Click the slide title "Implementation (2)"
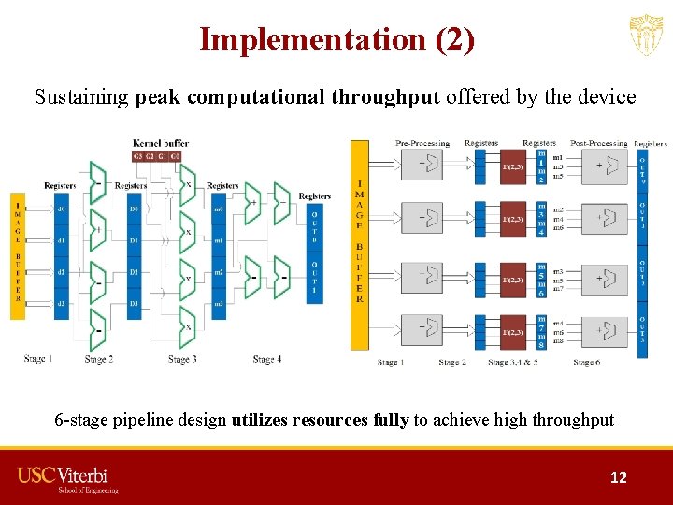[x=336, y=39]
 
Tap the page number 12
[x=618, y=477]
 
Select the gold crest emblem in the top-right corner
[x=645, y=36]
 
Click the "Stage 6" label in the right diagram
[x=587, y=362]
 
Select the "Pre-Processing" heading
[x=422, y=143]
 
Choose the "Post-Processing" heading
[x=598, y=143]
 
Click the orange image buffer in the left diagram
[x=17, y=257]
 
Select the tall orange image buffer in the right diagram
[x=360, y=245]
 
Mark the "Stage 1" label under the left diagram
[x=39, y=359]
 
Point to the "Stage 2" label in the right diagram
[x=452, y=362]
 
